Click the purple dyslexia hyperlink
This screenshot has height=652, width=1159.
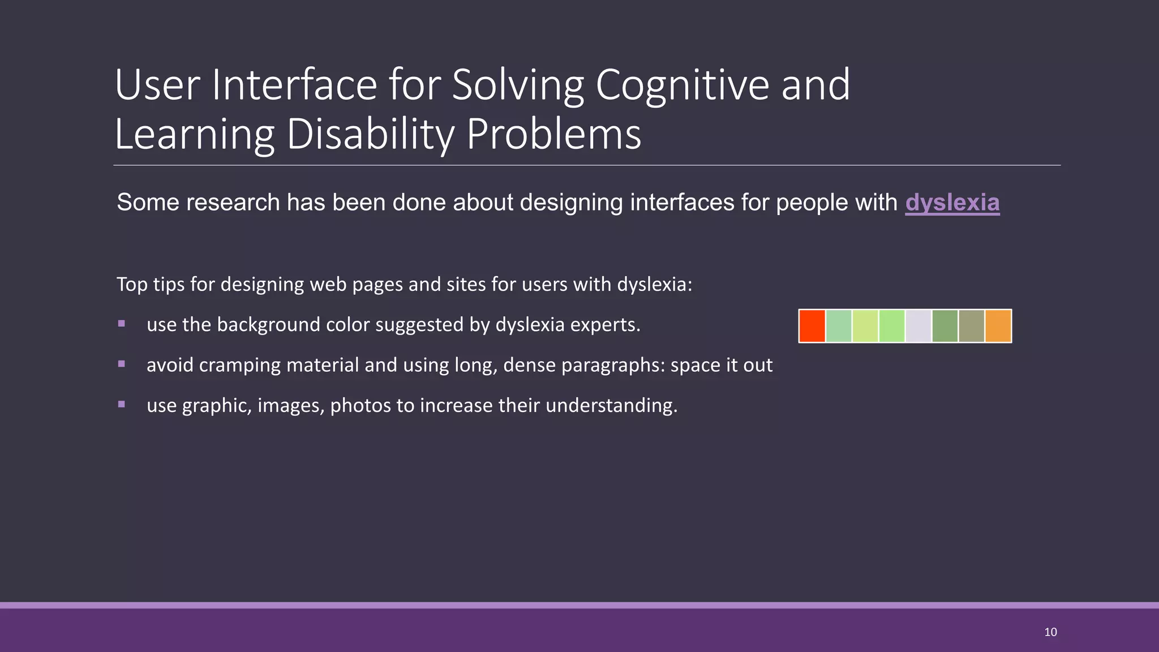pos(952,203)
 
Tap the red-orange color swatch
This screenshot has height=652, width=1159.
pos(812,326)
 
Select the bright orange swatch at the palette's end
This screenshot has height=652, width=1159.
pos(998,326)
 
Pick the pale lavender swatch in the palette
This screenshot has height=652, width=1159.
pos(918,326)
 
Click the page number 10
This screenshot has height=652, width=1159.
pos(1050,632)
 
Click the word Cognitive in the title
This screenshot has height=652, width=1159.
pos(682,85)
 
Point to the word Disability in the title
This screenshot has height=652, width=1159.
pos(370,135)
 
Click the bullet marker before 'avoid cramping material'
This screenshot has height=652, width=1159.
pos(122,364)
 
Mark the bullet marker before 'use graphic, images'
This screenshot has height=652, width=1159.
pos(122,404)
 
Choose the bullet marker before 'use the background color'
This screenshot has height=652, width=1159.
pos(122,324)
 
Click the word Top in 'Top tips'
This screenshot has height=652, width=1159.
pos(132,284)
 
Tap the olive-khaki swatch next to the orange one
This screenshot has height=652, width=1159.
pos(971,326)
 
